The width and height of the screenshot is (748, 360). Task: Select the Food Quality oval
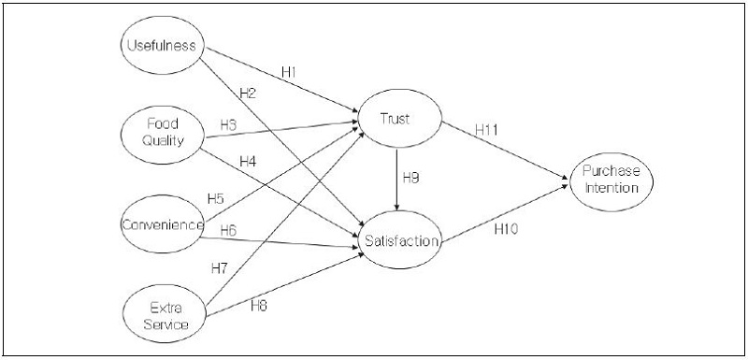click(x=163, y=132)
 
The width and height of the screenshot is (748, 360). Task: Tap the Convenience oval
click(x=163, y=224)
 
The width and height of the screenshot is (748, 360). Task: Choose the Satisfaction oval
click(x=399, y=241)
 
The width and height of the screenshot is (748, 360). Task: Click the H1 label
click(x=291, y=71)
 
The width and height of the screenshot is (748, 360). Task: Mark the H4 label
click(x=247, y=162)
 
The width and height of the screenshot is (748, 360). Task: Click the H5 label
click(x=216, y=199)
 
